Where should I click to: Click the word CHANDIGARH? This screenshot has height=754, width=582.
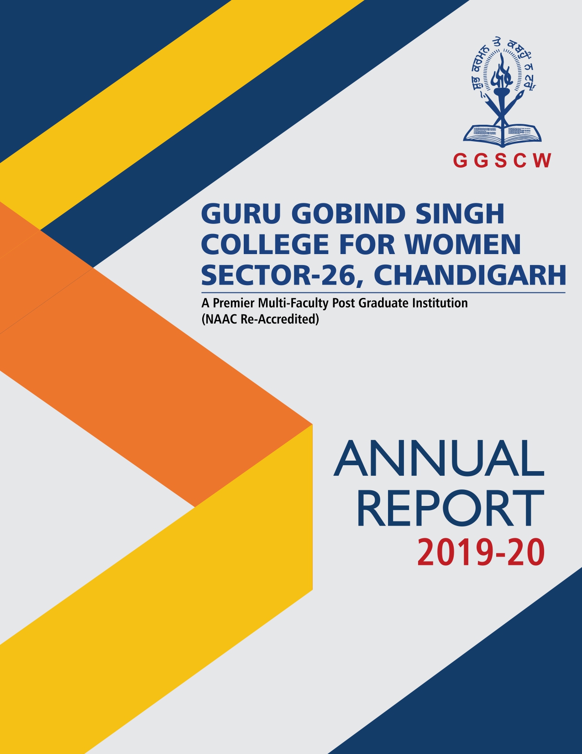click(x=470, y=275)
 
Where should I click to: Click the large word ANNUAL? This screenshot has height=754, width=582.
click(x=439, y=459)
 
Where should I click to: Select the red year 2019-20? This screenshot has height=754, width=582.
click(x=481, y=552)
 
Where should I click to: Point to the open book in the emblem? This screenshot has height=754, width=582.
click(x=502, y=133)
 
